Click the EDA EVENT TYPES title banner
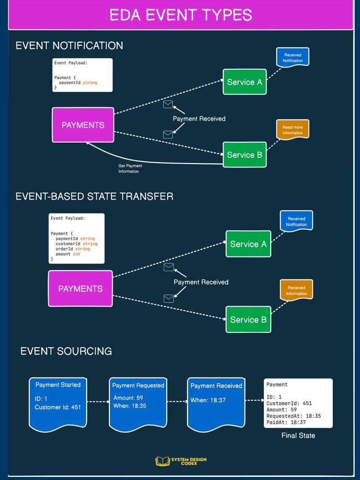point(180,15)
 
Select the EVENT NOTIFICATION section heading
point(69,46)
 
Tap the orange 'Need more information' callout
point(292,129)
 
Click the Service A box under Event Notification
point(244,82)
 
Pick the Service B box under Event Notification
point(244,155)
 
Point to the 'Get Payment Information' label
point(130,168)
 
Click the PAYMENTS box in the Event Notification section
point(83,125)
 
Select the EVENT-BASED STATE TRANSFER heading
point(94,196)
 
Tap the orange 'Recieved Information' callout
point(296,290)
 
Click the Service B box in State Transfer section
point(248,319)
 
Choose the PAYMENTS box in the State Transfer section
point(80,288)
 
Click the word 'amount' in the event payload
point(63,254)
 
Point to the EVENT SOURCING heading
point(66,351)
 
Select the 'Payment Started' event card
point(58,404)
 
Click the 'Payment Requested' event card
point(138,404)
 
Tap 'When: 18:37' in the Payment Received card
point(208,400)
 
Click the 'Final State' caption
point(298,435)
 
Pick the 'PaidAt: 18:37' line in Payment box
point(286,422)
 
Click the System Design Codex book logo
point(162,461)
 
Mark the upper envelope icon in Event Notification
point(168,104)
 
